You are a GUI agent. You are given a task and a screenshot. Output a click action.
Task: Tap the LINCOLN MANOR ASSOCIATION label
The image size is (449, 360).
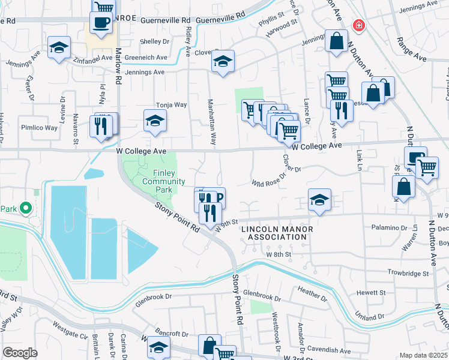(274, 233)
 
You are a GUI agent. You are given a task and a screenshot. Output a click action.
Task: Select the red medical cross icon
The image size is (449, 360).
(358, 25)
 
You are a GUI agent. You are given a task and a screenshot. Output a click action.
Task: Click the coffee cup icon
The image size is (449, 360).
(100, 23)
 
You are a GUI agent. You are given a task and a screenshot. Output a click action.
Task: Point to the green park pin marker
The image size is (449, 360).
(25, 208)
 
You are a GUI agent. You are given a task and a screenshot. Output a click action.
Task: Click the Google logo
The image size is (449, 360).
(20, 353)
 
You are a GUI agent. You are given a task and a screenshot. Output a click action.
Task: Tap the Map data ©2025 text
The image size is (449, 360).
(423, 355)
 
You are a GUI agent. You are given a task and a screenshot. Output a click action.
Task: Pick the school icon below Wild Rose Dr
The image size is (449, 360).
(319, 200)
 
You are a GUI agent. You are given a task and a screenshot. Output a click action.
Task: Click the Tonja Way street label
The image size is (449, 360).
(172, 104)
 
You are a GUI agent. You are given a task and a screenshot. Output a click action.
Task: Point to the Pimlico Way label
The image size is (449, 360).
(41, 128)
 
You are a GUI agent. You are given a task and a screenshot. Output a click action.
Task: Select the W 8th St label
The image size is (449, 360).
(279, 254)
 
